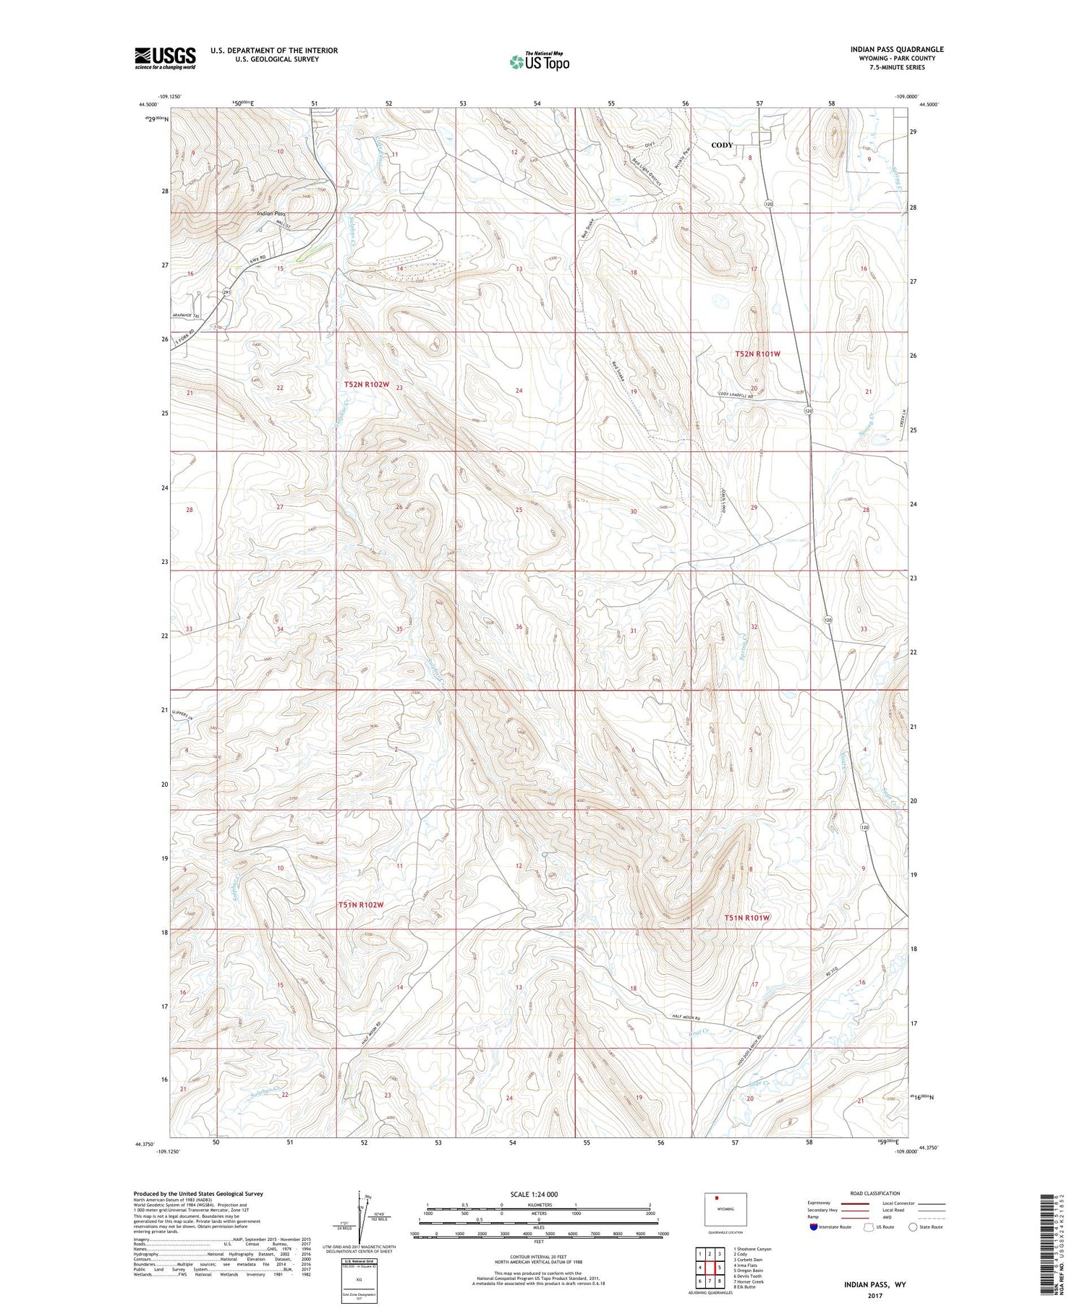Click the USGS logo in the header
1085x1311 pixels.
point(165,58)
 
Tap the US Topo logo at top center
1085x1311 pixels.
point(540,62)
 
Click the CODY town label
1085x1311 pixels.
point(721,145)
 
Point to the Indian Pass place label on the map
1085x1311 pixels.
point(271,214)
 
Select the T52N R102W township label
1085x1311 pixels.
point(368,385)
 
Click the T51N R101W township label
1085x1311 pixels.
point(747,918)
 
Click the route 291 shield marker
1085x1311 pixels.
point(226,292)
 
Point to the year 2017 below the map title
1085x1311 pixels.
point(875,1295)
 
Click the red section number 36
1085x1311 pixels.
point(519,627)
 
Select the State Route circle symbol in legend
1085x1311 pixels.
point(913,1227)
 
